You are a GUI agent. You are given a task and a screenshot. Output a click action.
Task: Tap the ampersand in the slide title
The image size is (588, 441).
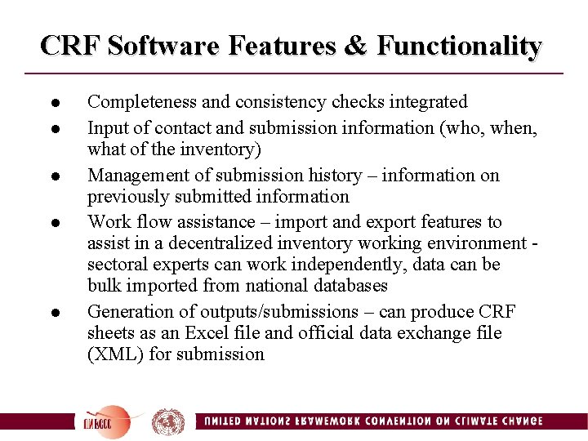click(x=355, y=46)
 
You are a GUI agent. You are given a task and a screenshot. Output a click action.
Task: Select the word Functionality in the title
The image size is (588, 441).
click(x=459, y=46)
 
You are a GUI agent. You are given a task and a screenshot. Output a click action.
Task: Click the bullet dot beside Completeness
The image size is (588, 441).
click(x=51, y=104)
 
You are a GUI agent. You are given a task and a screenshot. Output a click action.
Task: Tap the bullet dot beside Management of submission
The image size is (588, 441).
click(x=51, y=176)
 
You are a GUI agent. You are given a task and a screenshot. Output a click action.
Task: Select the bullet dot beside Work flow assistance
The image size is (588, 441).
click(x=51, y=223)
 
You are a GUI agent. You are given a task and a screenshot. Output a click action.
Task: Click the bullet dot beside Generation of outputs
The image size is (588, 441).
click(x=51, y=313)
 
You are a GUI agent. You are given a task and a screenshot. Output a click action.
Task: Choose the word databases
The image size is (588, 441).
click(x=346, y=286)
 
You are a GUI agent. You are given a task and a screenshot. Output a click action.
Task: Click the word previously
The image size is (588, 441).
click(x=127, y=197)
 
